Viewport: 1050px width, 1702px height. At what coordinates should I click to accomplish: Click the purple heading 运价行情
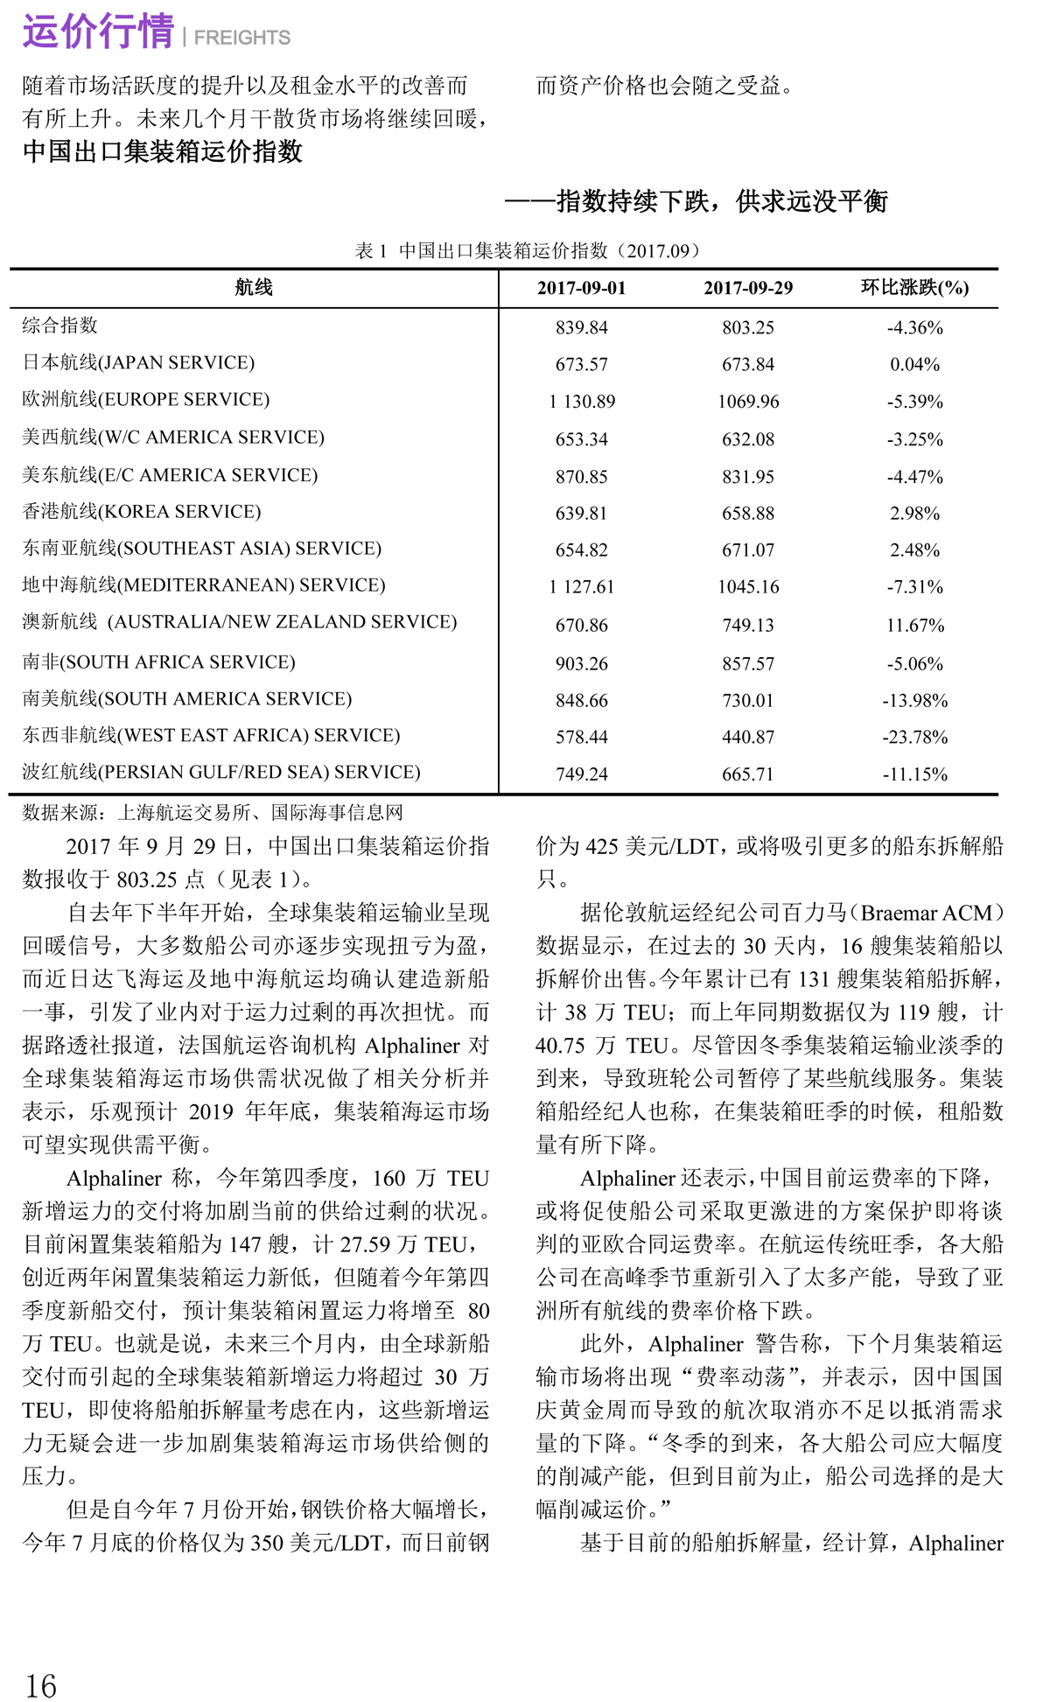[98, 32]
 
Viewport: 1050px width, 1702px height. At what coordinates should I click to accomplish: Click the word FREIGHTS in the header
[242, 38]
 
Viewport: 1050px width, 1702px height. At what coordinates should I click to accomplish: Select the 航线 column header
[254, 288]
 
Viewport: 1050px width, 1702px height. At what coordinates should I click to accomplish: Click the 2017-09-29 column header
[748, 289]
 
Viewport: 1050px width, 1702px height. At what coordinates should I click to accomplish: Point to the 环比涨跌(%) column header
[914, 288]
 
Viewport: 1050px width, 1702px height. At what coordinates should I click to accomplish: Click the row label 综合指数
[60, 326]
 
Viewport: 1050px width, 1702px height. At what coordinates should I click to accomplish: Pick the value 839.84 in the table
[582, 328]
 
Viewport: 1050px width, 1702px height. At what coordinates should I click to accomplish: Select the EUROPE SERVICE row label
[146, 400]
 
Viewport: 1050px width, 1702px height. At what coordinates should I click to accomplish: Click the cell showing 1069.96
[748, 403]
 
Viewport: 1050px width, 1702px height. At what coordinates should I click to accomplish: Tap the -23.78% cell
[914, 738]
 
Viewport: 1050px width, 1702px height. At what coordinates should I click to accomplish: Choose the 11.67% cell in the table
[914, 626]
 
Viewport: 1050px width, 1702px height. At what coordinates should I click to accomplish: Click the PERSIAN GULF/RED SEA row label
[221, 773]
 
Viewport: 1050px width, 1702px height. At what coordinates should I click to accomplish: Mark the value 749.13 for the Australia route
[748, 626]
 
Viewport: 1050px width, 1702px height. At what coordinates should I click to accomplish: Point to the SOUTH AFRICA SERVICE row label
[159, 662]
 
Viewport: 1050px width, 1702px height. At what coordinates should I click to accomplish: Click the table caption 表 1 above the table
[528, 251]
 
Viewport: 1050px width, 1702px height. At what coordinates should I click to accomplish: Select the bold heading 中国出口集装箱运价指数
[163, 152]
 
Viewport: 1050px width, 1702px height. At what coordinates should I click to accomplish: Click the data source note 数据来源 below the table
[213, 813]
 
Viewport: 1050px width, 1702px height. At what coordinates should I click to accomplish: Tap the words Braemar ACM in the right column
[927, 914]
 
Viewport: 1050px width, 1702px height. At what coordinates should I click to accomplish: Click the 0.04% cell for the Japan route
[914, 365]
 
